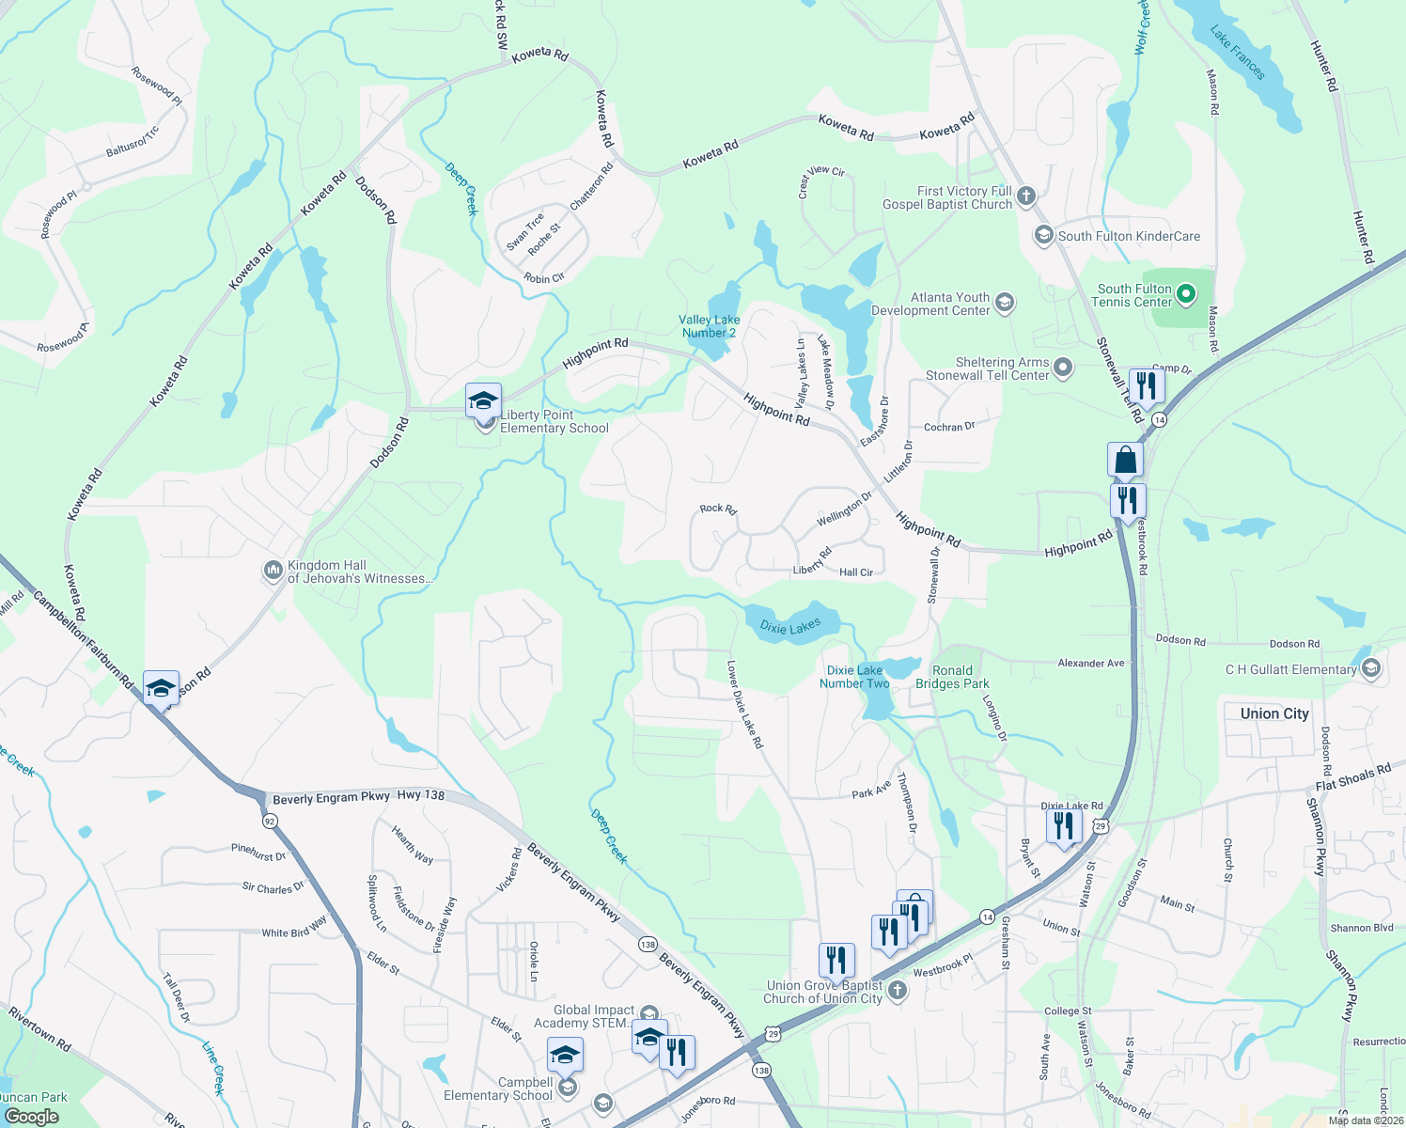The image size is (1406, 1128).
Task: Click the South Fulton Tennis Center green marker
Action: (x=1186, y=295)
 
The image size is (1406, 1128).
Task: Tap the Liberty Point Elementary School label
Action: (x=554, y=421)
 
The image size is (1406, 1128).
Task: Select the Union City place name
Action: (x=1273, y=713)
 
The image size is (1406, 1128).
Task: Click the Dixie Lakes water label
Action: (x=790, y=627)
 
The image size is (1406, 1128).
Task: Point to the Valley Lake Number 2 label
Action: (x=709, y=326)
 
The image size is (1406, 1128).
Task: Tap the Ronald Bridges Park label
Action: (x=952, y=677)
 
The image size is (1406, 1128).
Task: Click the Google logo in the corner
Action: (x=31, y=1117)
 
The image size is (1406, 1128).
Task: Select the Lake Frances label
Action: (x=1237, y=54)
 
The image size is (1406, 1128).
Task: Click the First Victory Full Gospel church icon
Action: (x=1026, y=196)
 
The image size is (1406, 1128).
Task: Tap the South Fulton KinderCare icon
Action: (x=1043, y=236)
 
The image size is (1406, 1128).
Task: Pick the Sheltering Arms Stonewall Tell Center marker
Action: (x=1063, y=368)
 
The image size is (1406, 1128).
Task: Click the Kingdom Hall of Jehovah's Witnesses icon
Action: (x=273, y=571)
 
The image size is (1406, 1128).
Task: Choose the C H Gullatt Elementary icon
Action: (x=1370, y=668)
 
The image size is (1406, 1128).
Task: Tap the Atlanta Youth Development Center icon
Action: (x=1005, y=303)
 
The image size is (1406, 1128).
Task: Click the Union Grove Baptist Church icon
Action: (x=898, y=991)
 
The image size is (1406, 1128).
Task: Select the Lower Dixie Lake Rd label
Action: (x=745, y=704)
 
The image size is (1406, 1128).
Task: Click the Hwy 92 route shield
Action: (x=270, y=821)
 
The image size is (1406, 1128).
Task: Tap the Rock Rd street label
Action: (x=718, y=509)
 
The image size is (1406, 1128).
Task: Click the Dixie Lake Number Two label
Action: (x=853, y=677)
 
